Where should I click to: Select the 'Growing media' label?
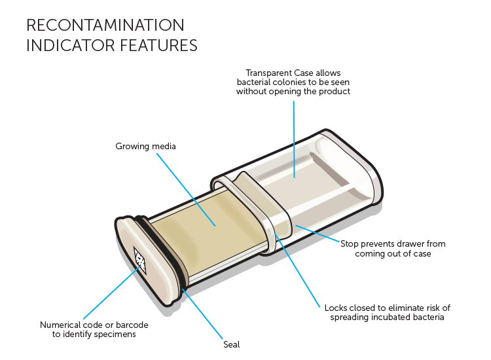point(147,146)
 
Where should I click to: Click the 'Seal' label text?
point(232,344)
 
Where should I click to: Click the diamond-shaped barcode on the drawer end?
point(139,259)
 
